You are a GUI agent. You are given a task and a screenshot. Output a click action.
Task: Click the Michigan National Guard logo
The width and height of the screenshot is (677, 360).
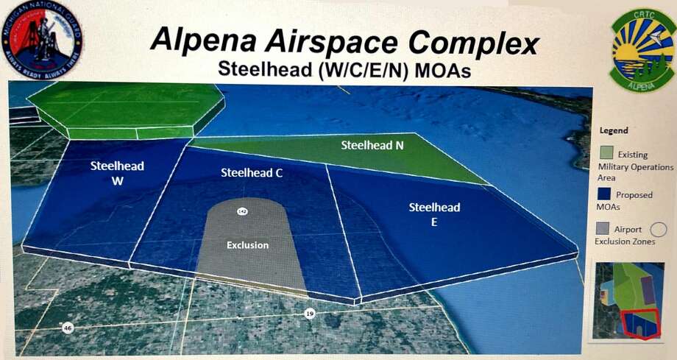pos(43,40)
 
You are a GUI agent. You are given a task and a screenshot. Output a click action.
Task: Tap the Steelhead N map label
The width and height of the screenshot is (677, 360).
pos(372,145)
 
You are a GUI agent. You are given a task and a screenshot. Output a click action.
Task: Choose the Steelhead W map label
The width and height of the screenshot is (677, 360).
pos(117,172)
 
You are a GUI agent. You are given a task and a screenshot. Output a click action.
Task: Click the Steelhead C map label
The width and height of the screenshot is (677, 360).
pos(252,173)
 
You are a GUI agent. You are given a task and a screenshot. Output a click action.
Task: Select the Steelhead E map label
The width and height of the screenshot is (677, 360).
pos(434,213)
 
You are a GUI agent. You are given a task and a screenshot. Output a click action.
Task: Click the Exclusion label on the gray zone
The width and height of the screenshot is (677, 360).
pos(247,244)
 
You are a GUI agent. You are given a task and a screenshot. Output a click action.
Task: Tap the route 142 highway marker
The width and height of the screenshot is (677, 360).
pos(241,211)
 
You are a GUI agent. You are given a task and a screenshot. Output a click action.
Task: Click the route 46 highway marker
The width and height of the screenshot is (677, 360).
pos(68,328)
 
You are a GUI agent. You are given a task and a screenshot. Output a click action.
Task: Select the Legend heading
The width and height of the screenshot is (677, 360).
pos(613,131)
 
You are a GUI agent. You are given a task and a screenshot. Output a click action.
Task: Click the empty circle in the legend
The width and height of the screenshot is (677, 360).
pos(659,230)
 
